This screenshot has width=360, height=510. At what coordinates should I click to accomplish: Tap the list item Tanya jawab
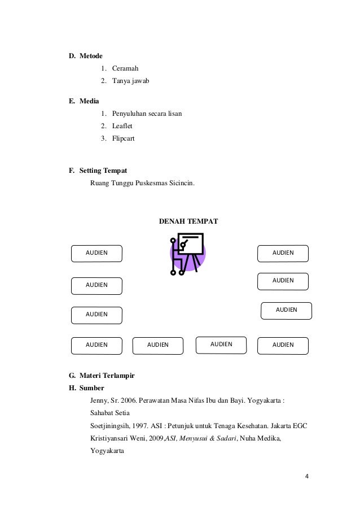130,81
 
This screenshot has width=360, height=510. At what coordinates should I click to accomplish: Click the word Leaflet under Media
124,125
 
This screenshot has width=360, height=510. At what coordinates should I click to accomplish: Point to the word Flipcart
123,138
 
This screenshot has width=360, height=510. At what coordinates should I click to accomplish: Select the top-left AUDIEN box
96,254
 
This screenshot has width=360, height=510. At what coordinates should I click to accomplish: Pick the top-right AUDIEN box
283,253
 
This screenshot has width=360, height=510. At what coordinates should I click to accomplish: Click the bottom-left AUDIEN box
96,345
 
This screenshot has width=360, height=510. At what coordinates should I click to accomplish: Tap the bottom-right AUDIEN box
283,345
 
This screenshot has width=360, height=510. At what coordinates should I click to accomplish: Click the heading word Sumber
91,389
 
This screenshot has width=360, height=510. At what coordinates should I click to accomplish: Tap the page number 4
306,476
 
